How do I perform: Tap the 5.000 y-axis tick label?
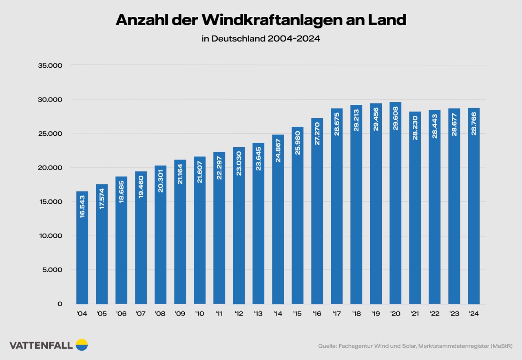pos(52,270)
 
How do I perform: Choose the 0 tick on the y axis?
pos(60,304)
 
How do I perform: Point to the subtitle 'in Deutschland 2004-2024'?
pos(261,39)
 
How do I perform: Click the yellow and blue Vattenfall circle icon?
pos(82,345)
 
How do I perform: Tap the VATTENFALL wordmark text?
pos(41,345)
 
